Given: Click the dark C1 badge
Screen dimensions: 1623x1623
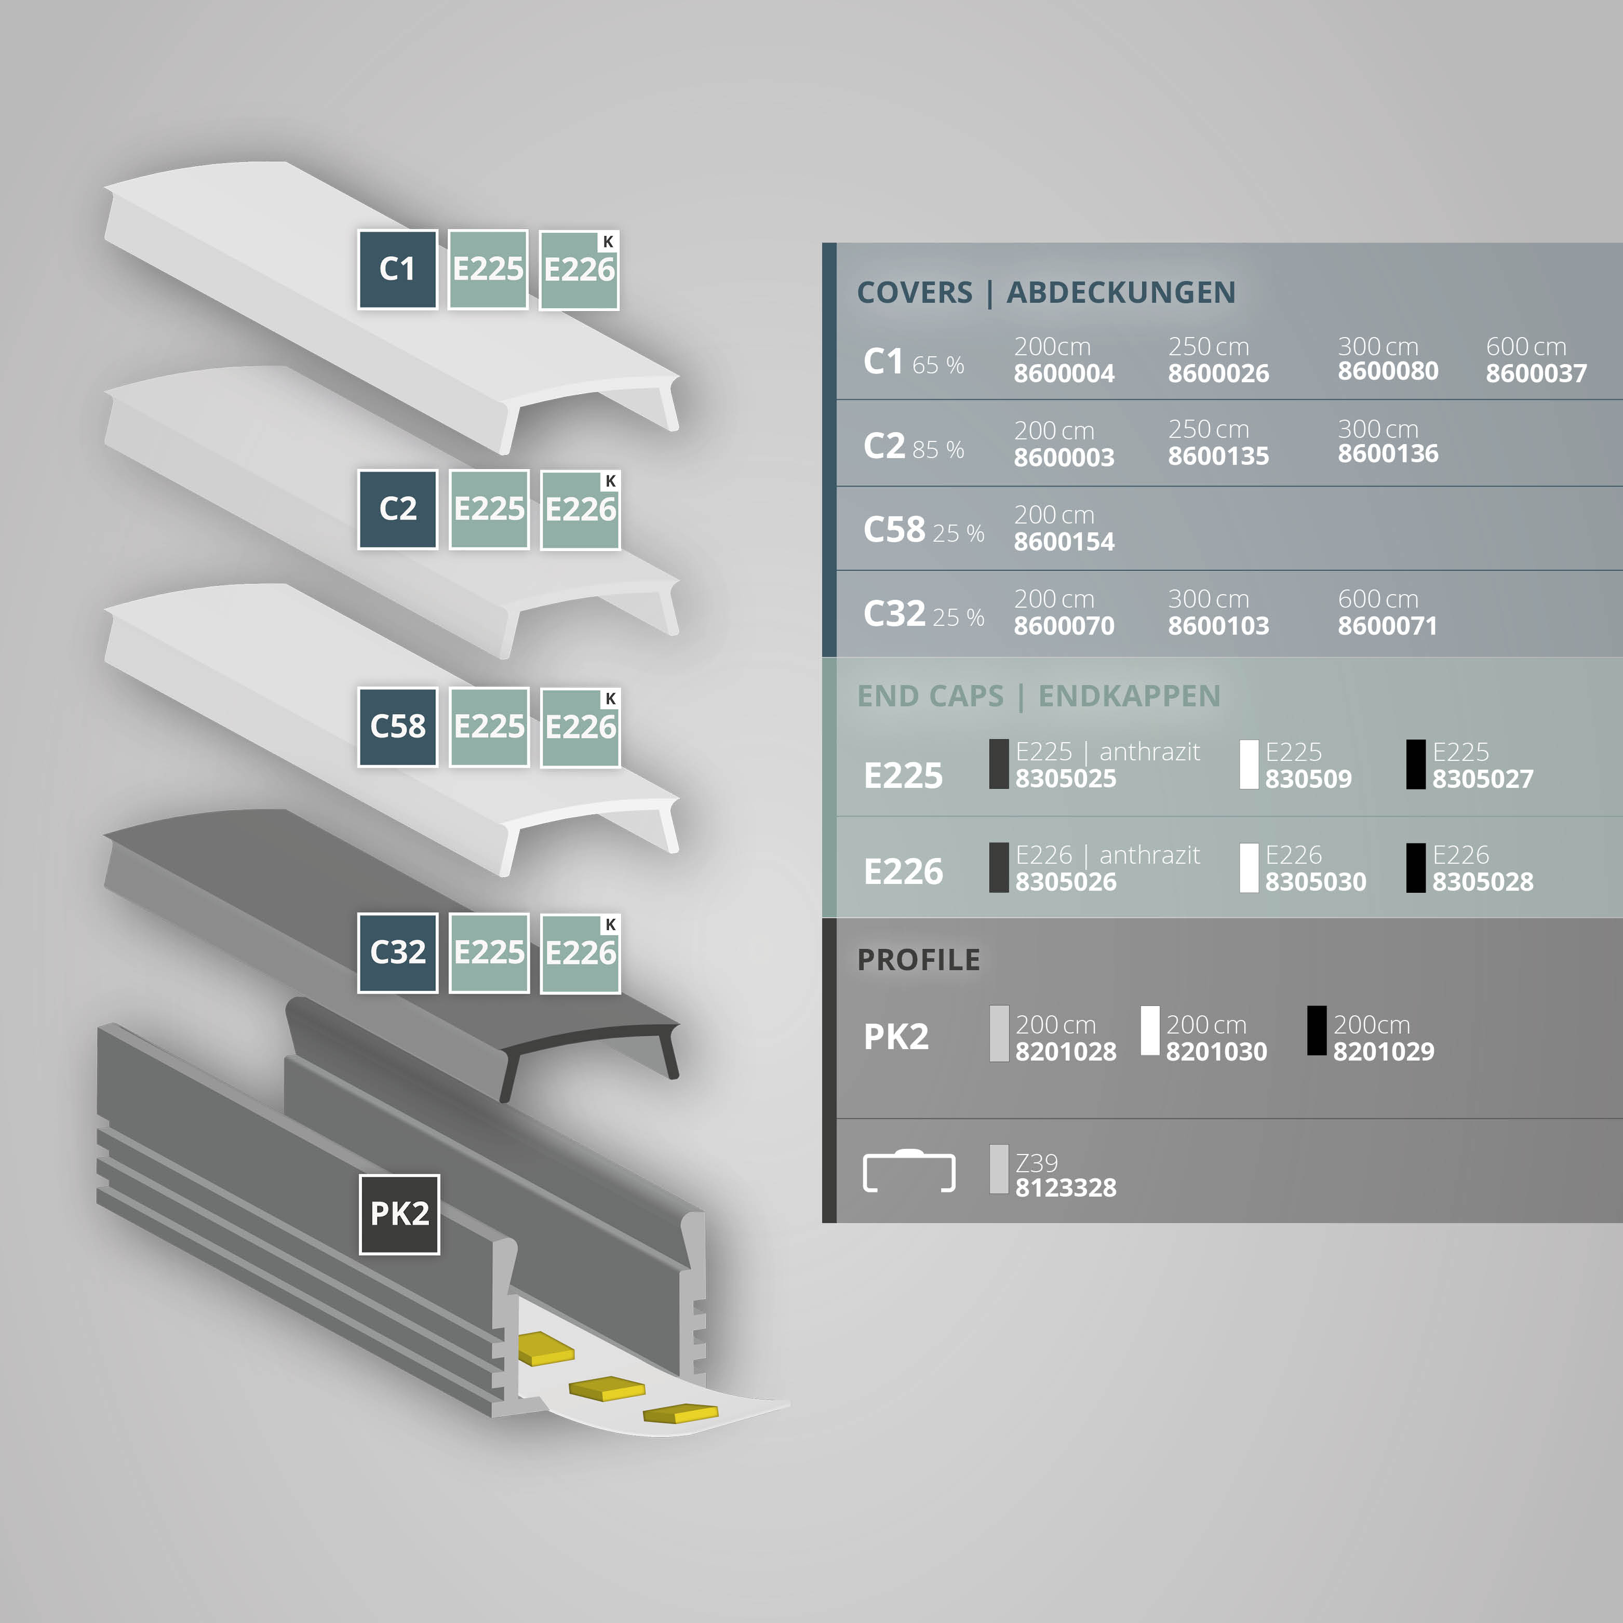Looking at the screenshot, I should point(397,270).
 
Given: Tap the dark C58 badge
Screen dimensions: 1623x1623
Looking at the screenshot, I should point(397,727).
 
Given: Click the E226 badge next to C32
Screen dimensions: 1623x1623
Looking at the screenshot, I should point(580,953).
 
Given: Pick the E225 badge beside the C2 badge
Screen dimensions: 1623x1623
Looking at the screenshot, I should point(489,509).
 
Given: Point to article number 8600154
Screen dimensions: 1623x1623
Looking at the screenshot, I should point(1064,542).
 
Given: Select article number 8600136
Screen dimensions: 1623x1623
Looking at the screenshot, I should point(1388,453).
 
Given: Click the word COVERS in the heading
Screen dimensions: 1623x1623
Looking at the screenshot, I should point(914,292).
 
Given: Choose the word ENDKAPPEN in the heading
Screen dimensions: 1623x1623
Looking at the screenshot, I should point(1129,696).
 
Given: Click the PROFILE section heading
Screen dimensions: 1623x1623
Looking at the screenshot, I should point(918,959).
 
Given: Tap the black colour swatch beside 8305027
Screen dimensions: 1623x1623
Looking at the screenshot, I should point(1415,764).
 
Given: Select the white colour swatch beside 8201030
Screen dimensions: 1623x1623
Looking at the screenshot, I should point(1150,1031).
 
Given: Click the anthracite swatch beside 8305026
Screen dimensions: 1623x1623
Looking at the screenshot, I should point(999,868).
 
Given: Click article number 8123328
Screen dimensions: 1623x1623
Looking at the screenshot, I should point(1065,1188).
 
